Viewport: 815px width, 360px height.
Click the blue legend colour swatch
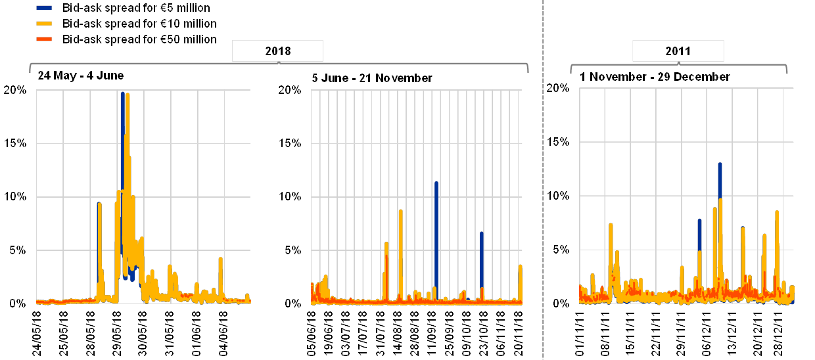point(45,9)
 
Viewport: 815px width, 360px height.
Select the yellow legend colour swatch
point(45,24)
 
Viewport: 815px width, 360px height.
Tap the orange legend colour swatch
point(45,39)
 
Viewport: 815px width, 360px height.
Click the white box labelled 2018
point(277,51)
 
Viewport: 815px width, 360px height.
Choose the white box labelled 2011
point(678,51)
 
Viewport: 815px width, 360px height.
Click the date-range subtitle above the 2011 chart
point(654,77)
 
